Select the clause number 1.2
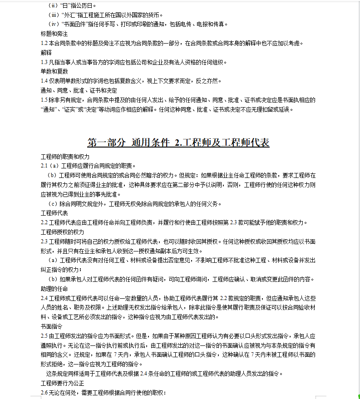tap(44, 44)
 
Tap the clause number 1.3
tap(44, 62)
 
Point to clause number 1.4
tap(44, 81)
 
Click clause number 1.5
tap(44, 100)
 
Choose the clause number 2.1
tap(44, 166)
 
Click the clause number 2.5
tap(44, 336)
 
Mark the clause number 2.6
tap(44, 392)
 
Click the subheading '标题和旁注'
tap(54, 34)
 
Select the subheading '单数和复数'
tap(54, 71)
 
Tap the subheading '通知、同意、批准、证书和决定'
tap(79, 90)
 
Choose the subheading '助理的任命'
tap(54, 289)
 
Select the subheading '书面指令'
tap(51, 326)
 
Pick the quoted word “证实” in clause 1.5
tap(69, 109)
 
